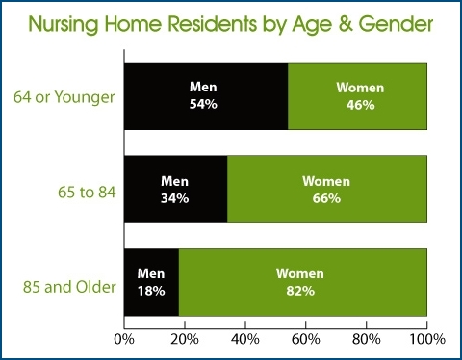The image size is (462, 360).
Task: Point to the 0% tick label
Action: (x=124, y=339)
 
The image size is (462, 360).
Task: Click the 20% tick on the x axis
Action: (x=185, y=339)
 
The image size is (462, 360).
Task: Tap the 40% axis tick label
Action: (x=245, y=339)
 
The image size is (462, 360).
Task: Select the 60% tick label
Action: (x=306, y=339)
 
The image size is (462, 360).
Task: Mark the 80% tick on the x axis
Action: (x=367, y=339)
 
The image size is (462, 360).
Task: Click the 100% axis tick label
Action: (x=425, y=339)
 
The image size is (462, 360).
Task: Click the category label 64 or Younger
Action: (x=64, y=97)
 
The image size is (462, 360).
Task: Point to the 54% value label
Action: (x=204, y=104)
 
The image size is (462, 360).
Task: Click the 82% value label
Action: (x=299, y=291)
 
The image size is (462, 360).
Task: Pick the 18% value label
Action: (x=151, y=291)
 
